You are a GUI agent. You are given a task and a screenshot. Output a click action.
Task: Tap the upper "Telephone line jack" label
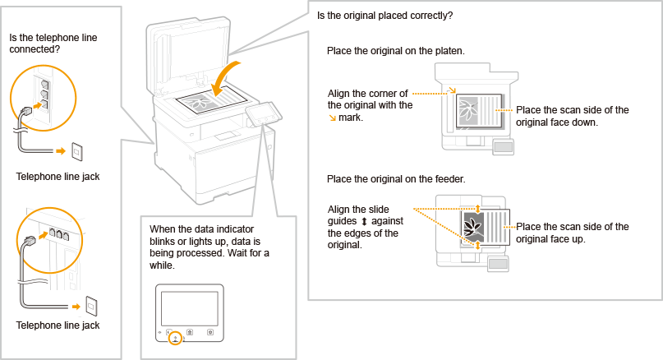tap(58, 177)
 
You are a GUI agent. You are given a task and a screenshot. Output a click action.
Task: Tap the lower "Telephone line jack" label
tap(58, 325)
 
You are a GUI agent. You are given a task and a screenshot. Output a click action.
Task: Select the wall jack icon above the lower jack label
tap(92, 305)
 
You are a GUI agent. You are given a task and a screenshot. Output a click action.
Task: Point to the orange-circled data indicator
tap(173, 338)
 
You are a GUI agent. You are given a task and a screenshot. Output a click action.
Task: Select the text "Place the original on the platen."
tap(395, 51)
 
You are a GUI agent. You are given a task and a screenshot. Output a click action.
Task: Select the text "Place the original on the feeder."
tap(395, 178)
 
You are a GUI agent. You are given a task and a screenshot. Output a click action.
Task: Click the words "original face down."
tap(556, 122)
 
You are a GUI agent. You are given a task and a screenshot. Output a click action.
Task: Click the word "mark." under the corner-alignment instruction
tap(351, 118)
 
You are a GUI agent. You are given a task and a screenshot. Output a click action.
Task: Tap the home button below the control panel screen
tap(191, 332)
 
